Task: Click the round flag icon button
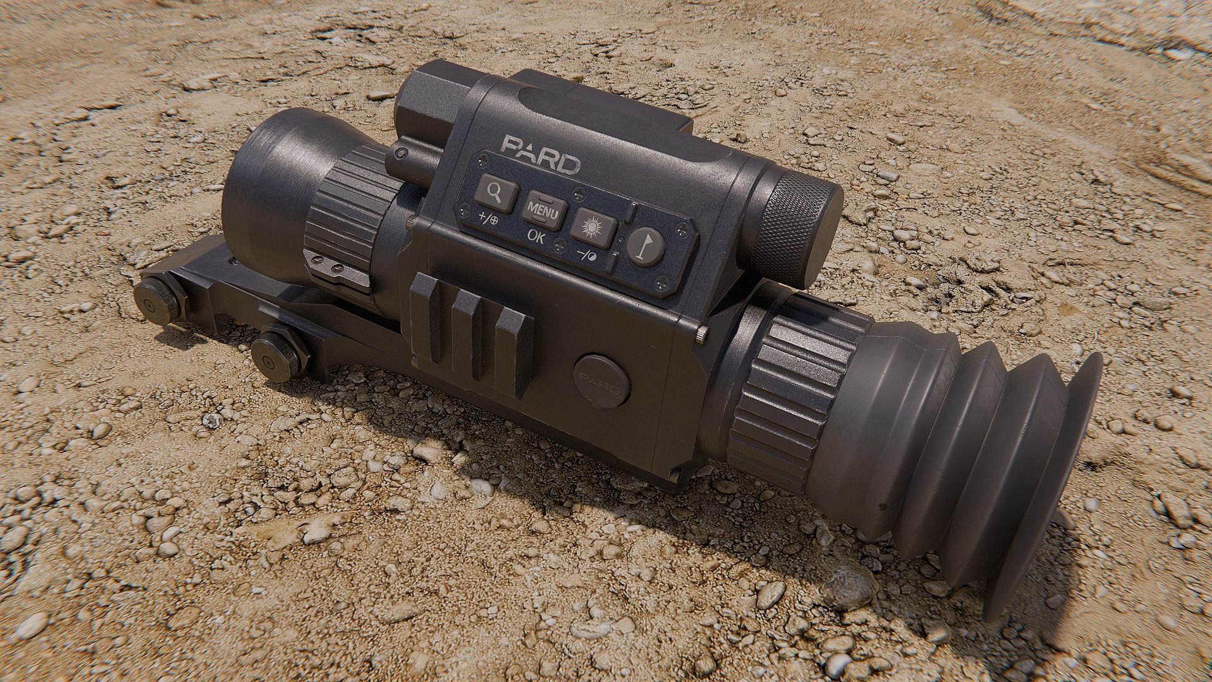click(x=646, y=246)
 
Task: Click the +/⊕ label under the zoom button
click(x=488, y=220)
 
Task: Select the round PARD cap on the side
click(x=602, y=381)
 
